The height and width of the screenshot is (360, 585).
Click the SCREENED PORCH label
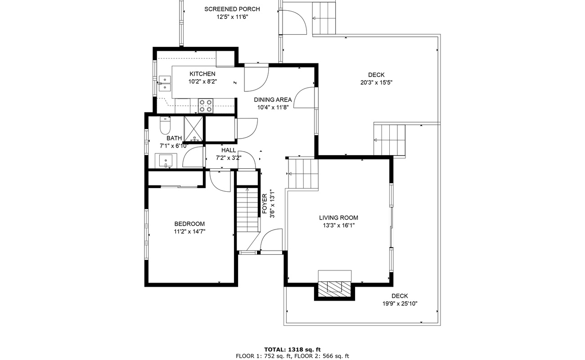pyautogui.click(x=232, y=9)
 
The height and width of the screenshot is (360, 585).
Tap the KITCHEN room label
pyautogui.click(x=202, y=74)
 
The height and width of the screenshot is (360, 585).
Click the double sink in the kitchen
pyautogui.click(x=165, y=83)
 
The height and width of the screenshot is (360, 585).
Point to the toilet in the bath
pyautogui.click(x=165, y=125)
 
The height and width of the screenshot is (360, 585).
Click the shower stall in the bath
pyautogui.click(x=194, y=129)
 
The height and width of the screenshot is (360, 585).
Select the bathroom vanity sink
pyautogui.click(x=166, y=160)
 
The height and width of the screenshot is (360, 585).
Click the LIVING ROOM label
pyautogui.click(x=339, y=218)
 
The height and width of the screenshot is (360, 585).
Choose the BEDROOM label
pyautogui.click(x=189, y=224)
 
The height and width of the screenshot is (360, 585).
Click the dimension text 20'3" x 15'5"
pyautogui.click(x=376, y=82)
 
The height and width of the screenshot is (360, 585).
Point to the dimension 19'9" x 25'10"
pyautogui.click(x=400, y=303)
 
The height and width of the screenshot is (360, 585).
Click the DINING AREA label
pyautogui.click(x=273, y=100)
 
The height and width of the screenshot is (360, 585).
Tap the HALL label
pyautogui.click(x=229, y=150)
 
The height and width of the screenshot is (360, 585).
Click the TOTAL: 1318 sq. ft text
pyautogui.click(x=292, y=349)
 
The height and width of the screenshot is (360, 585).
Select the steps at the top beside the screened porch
pyautogui.click(x=324, y=18)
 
